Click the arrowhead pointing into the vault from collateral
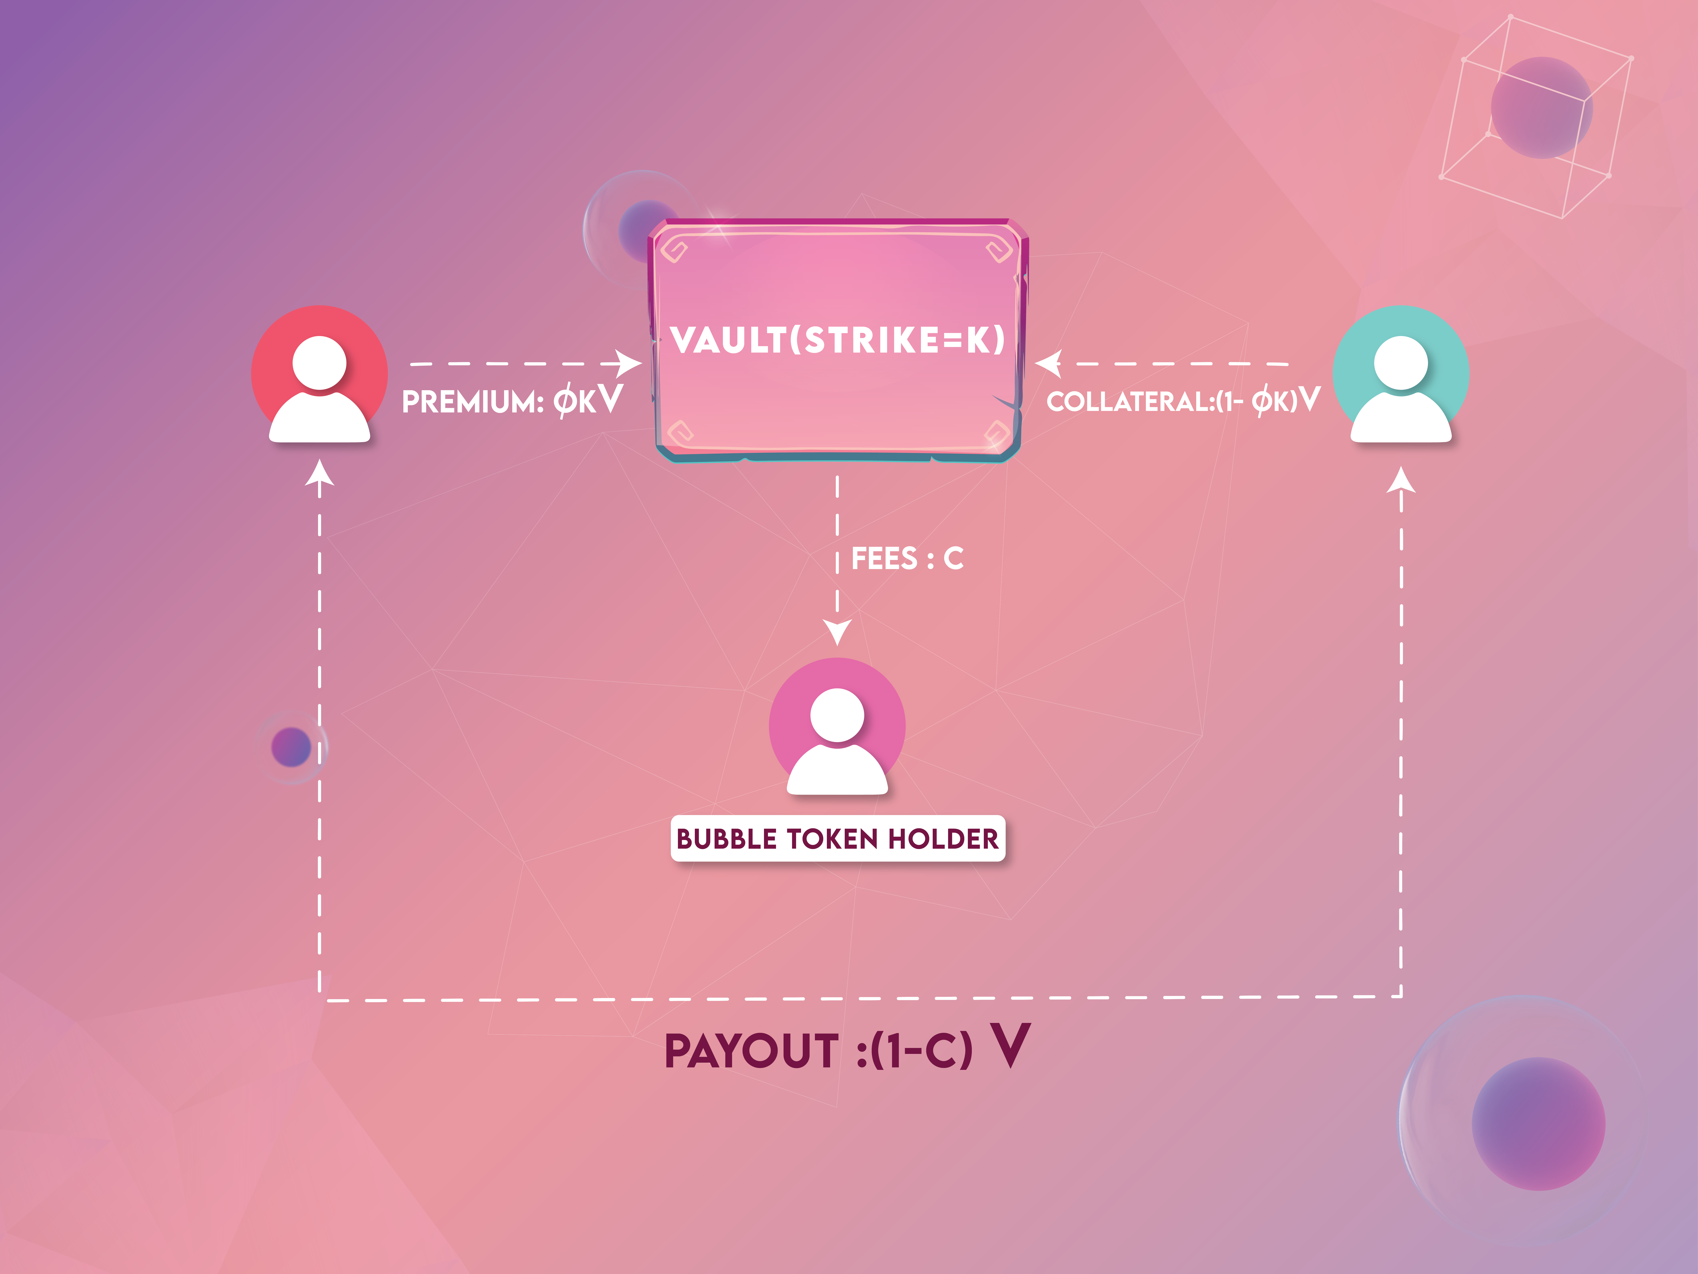tap(1048, 363)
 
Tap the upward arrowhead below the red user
tap(319, 472)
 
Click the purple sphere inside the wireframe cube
tap(1541, 108)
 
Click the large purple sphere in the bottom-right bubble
tap(1538, 1123)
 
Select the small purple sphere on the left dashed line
tap(291, 746)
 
